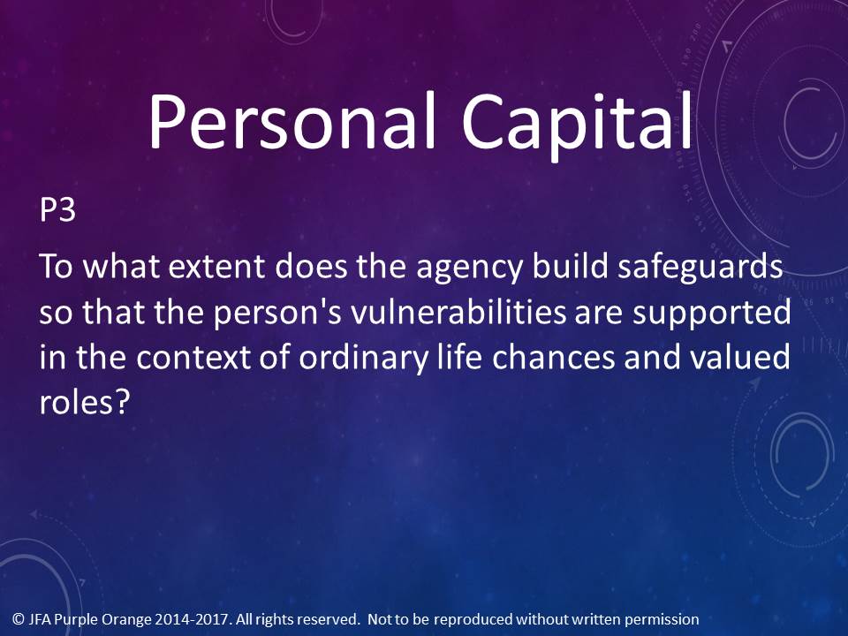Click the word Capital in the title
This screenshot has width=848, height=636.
click(x=577, y=126)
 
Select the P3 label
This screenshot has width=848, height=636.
click(x=57, y=209)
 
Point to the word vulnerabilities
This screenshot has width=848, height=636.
click(x=458, y=313)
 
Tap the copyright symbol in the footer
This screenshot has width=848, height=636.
click(x=19, y=618)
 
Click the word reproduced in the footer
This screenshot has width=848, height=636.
click(x=473, y=620)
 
